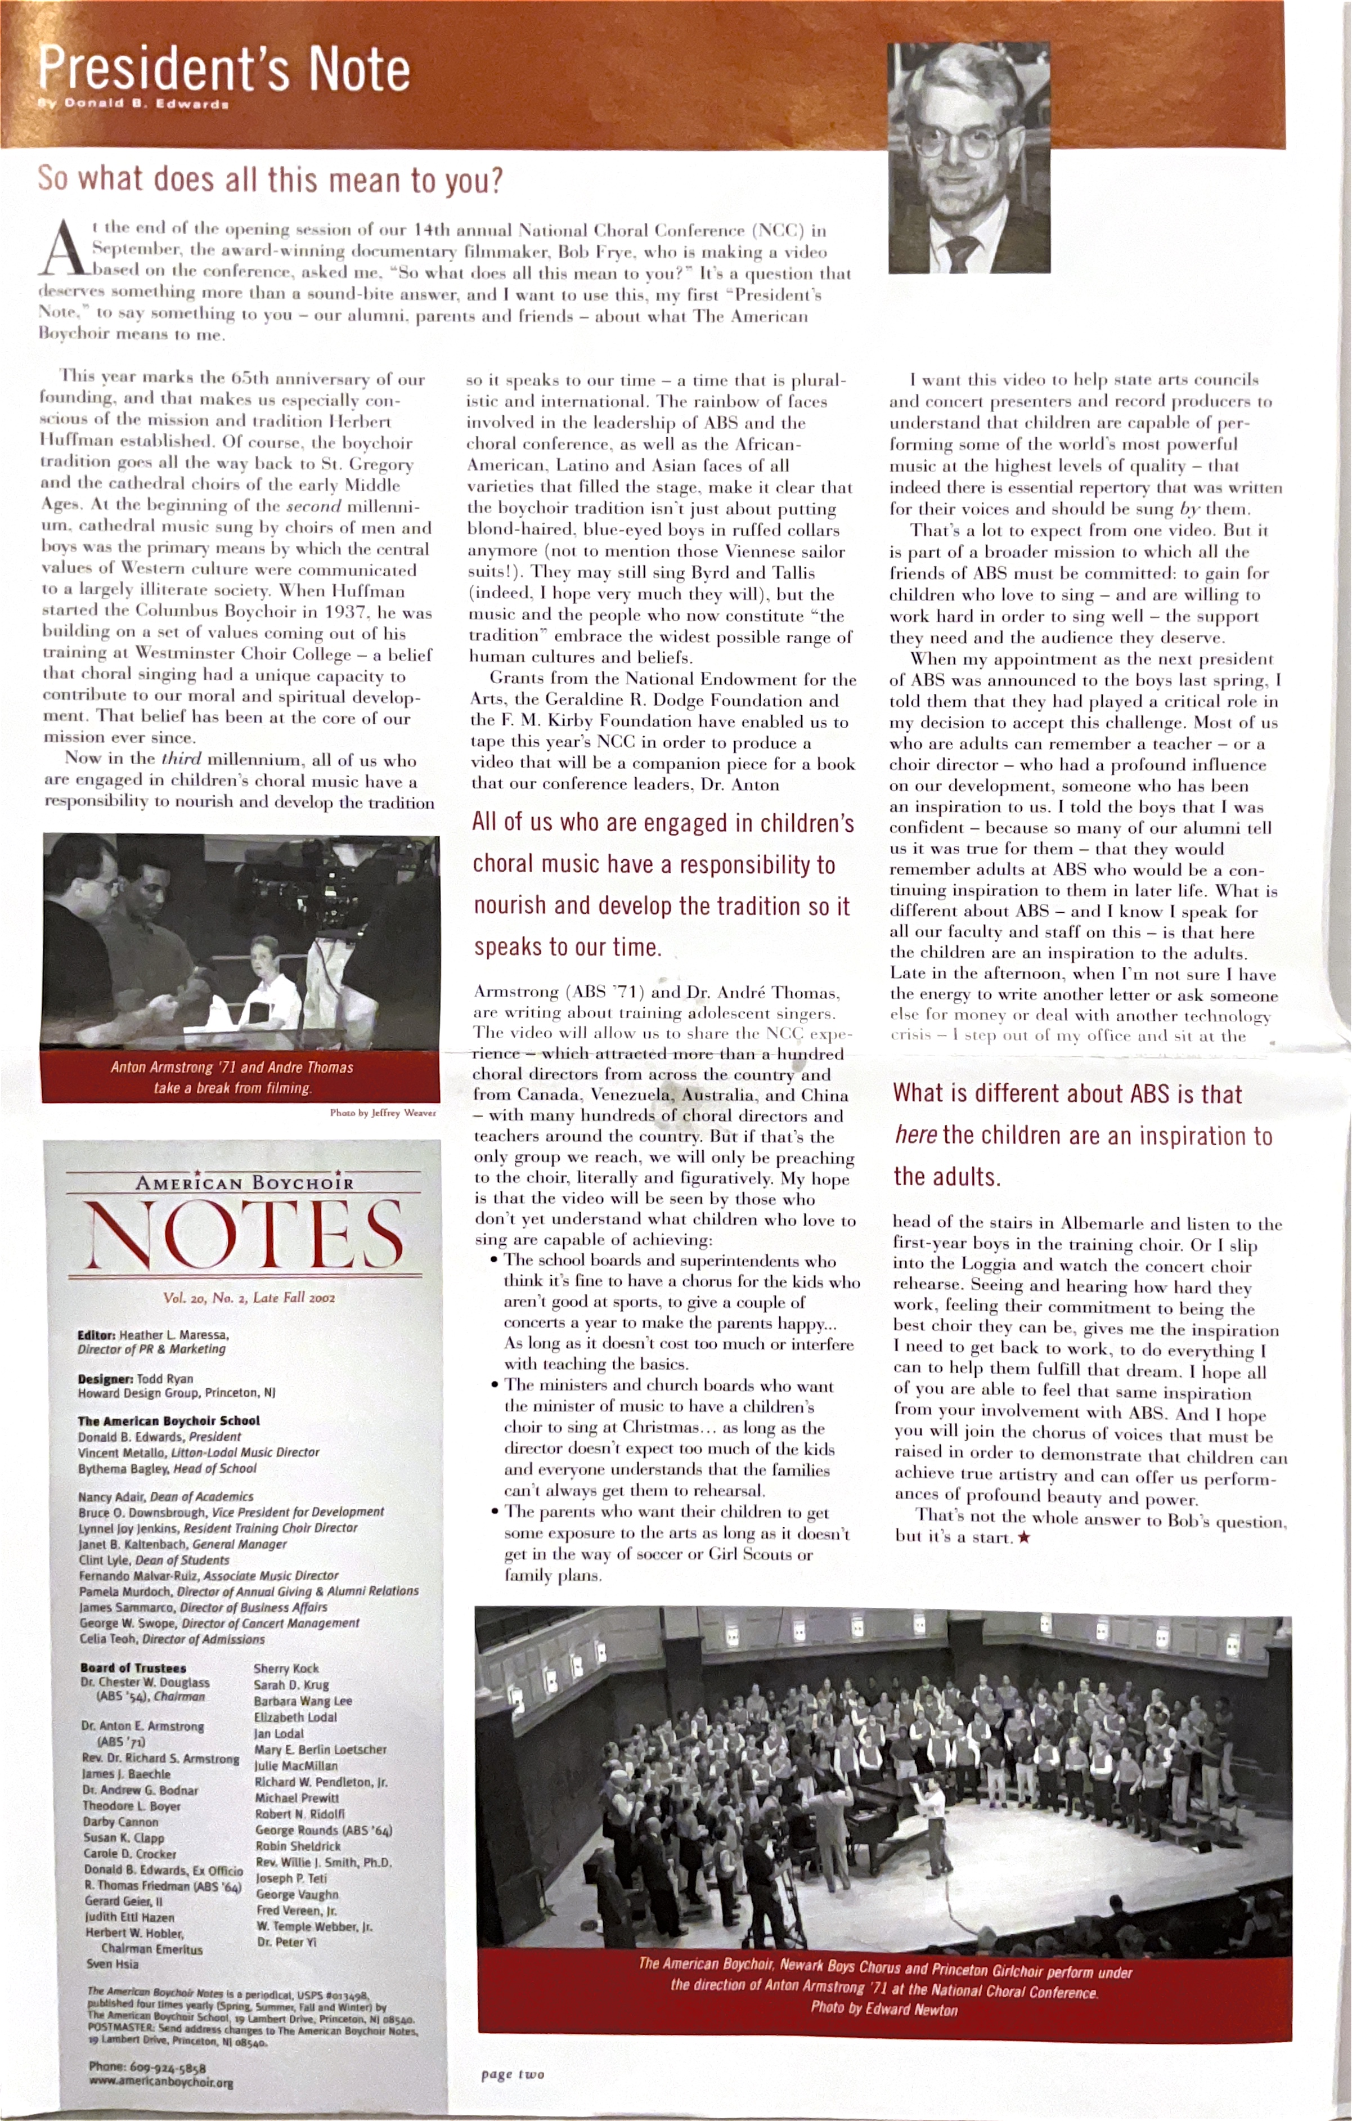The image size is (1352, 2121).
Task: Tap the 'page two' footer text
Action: (513, 2074)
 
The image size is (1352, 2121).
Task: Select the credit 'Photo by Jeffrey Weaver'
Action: (382, 1113)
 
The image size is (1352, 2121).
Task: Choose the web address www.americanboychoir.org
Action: (160, 2083)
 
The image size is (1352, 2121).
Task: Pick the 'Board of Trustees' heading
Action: (133, 1667)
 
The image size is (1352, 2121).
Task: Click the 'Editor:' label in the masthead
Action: (97, 1334)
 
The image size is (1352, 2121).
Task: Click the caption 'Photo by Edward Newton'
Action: (883, 2009)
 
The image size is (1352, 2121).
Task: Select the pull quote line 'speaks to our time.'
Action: (567, 947)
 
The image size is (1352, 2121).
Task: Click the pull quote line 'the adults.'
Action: (947, 1177)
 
